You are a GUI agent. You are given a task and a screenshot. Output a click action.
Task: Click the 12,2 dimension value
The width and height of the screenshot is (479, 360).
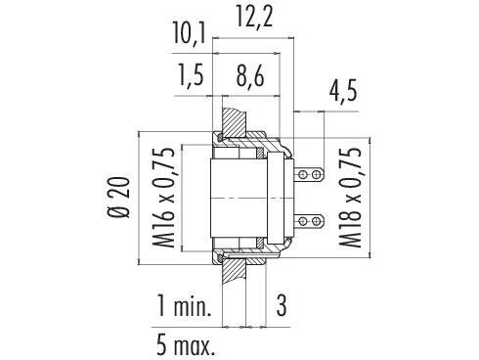(x=254, y=17)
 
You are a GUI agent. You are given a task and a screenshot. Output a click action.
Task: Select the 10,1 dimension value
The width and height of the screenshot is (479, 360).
(x=190, y=33)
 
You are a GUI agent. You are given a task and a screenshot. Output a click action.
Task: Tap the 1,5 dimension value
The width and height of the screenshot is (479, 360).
(x=191, y=75)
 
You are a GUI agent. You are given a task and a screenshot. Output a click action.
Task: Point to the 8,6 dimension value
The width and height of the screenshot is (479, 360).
(x=250, y=75)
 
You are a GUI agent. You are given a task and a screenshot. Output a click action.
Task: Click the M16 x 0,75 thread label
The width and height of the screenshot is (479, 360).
(x=164, y=198)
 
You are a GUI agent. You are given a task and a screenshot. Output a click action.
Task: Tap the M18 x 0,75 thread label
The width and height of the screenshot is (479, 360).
(x=350, y=198)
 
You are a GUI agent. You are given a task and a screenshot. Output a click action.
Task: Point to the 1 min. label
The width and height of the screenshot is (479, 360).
(x=185, y=305)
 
